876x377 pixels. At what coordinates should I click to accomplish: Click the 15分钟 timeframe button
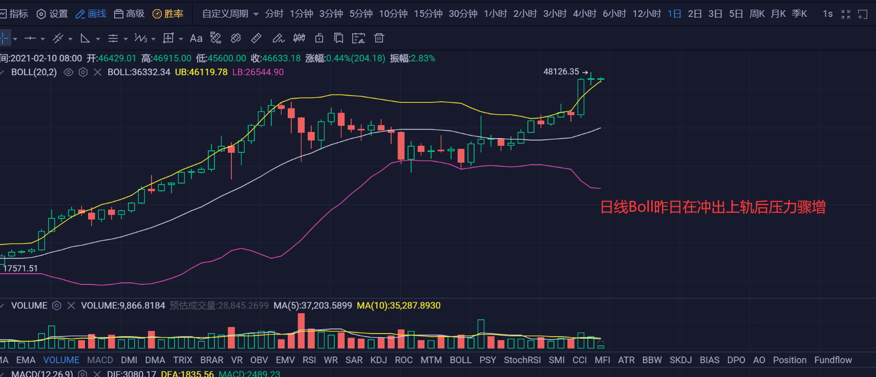point(428,14)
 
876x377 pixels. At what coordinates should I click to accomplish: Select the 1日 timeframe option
point(674,14)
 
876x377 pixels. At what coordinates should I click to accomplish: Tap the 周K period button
point(757,14)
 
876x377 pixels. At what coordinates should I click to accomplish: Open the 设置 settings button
point(53,14)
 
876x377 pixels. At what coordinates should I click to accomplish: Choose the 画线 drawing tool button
point(91,14)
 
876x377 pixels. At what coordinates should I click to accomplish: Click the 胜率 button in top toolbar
point(168,14)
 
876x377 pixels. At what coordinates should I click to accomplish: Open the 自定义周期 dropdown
point(230,14)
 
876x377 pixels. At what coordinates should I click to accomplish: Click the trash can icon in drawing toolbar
point(379,38)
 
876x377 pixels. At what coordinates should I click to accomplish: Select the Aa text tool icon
point(196,38)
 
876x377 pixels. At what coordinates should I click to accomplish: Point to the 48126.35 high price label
point(561,72)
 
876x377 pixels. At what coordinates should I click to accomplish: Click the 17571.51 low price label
point(20,268)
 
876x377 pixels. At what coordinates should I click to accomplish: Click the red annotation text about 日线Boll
point(713,207)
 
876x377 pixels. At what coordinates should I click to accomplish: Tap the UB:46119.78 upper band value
point(201,72)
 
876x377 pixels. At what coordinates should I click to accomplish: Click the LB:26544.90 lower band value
point(258,72)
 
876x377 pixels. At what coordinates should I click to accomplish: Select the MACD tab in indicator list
point(100,360)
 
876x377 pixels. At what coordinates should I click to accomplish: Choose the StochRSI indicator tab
point(522,360)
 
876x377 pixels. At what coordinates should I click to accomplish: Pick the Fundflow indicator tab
point(833,360)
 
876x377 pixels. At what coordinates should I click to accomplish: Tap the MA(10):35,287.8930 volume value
point(398,305)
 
